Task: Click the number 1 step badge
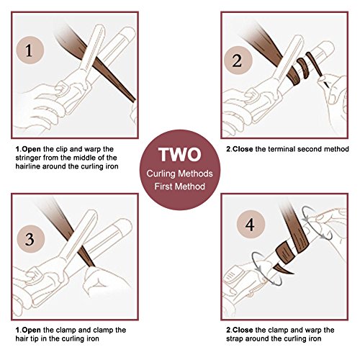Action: pos(30,50)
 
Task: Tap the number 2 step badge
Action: pos(238,60)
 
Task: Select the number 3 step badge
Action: pos(31,239)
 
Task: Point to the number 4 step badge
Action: pos(251,225)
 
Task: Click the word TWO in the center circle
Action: pos(180,154)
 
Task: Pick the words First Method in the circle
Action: pos(180,186)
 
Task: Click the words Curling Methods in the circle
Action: pos(180,174)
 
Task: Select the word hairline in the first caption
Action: pos(27,166)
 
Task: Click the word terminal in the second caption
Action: pos(282,149)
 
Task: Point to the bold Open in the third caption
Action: pos(31,330)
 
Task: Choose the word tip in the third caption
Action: pos(35,339)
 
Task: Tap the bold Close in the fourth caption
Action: pos(243,330)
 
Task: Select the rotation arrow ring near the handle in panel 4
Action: pos(266,269)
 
